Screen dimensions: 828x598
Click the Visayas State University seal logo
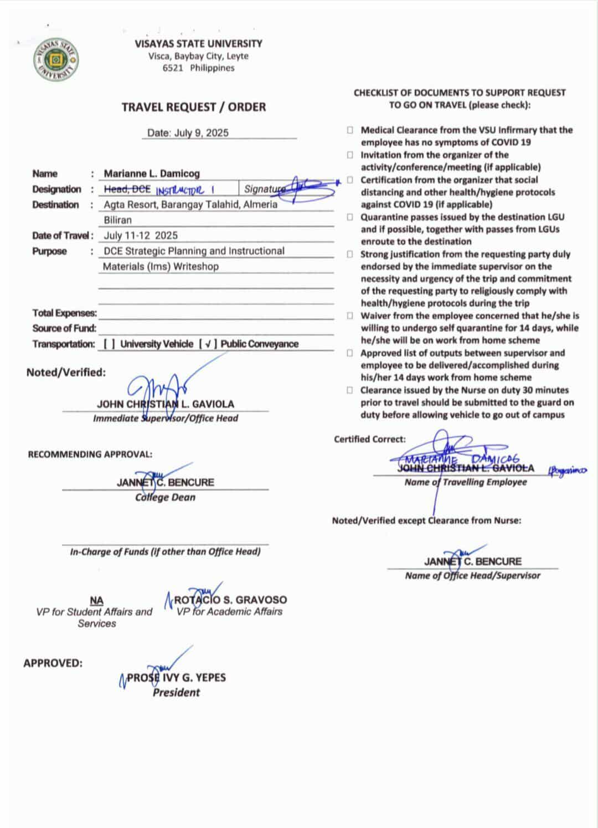(x=55, y=59)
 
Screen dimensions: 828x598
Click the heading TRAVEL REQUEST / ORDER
(x=194, y=107)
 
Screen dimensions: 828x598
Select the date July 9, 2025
(x=188, y=133)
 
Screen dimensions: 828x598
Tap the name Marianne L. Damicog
(x=152, y=173)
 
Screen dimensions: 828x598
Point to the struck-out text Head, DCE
(x=127, y=190)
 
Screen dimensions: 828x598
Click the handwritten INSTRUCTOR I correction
(x=185, y=191)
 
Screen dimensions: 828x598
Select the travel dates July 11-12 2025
(x=141, y=236)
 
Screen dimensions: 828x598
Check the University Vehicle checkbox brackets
(x=109, y=344)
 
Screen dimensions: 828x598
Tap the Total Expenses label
(x=64, y=313)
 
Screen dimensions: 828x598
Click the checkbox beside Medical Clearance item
(x=350, y=130)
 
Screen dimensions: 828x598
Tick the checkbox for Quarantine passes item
(x=350, y=217)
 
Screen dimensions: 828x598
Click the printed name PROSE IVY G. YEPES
(x=176, y=677)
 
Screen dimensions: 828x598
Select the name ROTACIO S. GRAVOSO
(x=230, y=600)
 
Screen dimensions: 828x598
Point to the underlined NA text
(x=96, y=600)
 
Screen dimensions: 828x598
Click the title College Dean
(x=165, y=497)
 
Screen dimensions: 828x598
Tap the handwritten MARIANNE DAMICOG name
(x=462, y=459)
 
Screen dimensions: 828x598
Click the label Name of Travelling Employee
(x=466, y=482)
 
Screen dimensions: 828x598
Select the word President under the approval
(x=176, y=692)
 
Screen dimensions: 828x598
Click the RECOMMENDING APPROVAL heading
(x=90, y=454)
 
